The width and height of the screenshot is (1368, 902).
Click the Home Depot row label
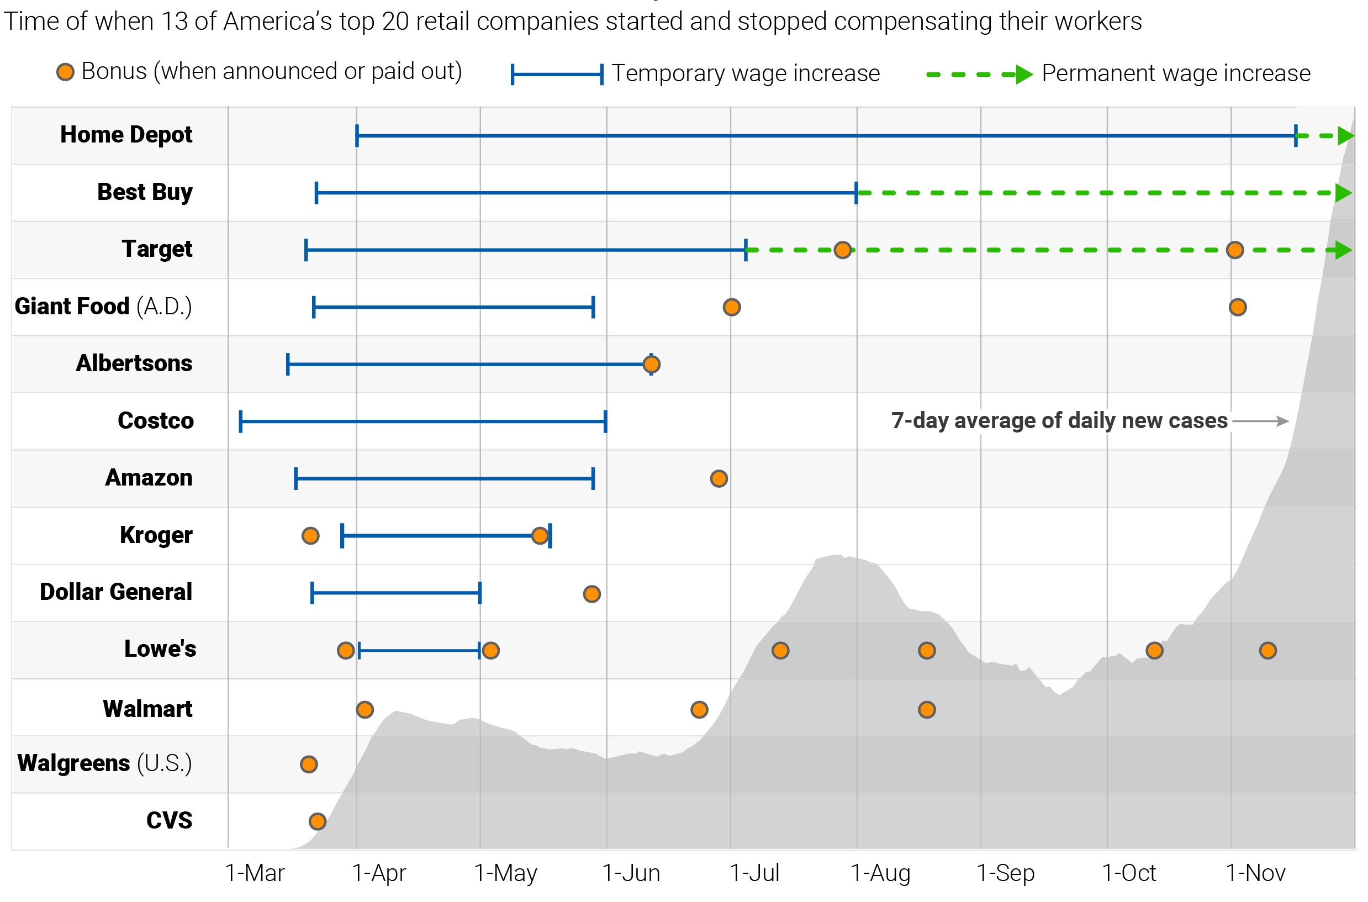126,135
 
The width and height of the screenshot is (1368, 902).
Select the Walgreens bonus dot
309,764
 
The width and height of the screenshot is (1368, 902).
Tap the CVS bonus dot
318,821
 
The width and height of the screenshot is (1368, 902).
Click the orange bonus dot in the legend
65,72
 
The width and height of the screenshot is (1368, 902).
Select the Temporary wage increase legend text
746,73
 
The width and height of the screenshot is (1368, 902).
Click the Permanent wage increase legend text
1176,73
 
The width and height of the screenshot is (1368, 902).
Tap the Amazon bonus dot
719,478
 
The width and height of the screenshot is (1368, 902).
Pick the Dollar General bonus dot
591,594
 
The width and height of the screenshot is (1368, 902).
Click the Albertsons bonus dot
652,364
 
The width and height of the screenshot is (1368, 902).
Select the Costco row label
155,421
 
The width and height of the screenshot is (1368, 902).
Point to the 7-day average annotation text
1059,421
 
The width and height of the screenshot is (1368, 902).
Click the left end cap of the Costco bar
241,421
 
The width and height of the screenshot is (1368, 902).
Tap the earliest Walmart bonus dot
365,710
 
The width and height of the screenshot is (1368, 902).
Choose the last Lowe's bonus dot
1268,651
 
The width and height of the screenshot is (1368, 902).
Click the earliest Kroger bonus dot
310,536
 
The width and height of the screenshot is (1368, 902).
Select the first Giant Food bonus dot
731,307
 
